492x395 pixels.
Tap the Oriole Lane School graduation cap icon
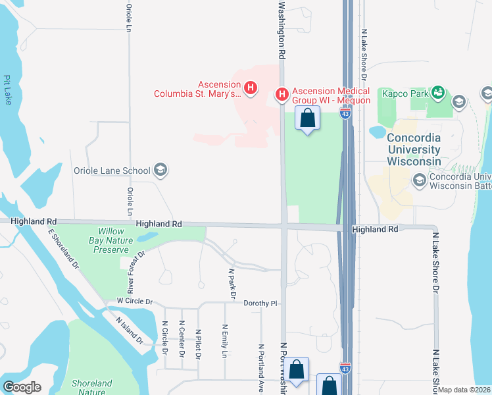point(160,171)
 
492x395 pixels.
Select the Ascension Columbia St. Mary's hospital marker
point(250,87)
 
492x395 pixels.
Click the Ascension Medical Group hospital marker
point(282,95)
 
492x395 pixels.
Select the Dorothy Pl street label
point(261,303)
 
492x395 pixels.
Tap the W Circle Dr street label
point(134,302)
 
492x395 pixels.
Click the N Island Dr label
point(129,331)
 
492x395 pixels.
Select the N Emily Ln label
point(224,341)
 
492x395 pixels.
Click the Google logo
point(22,387)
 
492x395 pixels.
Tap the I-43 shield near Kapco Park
point(345,113)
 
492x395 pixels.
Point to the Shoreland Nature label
point(92,387)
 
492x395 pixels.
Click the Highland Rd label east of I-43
point(375,229)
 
